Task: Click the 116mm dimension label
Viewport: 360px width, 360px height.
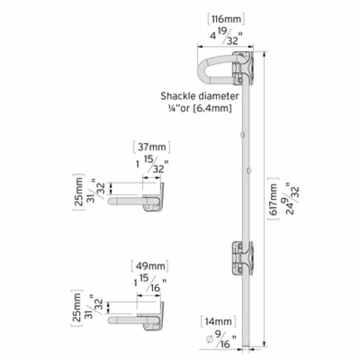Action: coord(226,19)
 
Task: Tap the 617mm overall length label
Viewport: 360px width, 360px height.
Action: coord(273,199)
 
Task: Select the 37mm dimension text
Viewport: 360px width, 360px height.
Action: coord(152,147)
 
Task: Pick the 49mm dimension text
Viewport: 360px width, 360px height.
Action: coord(151,266)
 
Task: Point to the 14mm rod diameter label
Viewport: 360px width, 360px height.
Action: coord(218,321)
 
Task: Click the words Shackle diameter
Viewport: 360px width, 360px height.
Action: coord(200,96)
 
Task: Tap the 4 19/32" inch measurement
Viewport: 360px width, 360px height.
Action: coord(226,36)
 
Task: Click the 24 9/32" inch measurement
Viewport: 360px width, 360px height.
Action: coord(293,198)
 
